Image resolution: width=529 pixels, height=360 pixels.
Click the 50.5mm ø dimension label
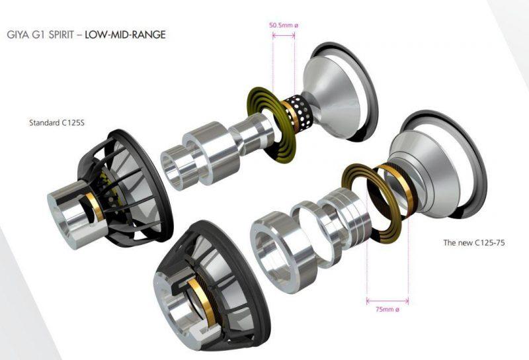click(x=284, y=25)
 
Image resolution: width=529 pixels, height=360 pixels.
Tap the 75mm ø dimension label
click(x=387, y=309)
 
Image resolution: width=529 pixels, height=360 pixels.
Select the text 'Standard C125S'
click(x=57, y=122)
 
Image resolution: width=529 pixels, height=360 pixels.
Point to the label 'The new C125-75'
click(x=474, y=242)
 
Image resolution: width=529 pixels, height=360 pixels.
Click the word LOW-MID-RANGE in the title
click(x=125, y=35)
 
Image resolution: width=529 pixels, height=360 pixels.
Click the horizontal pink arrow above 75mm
click(x=387, y=300)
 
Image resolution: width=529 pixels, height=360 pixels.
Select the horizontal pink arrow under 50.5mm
click(x=284, y=35)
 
